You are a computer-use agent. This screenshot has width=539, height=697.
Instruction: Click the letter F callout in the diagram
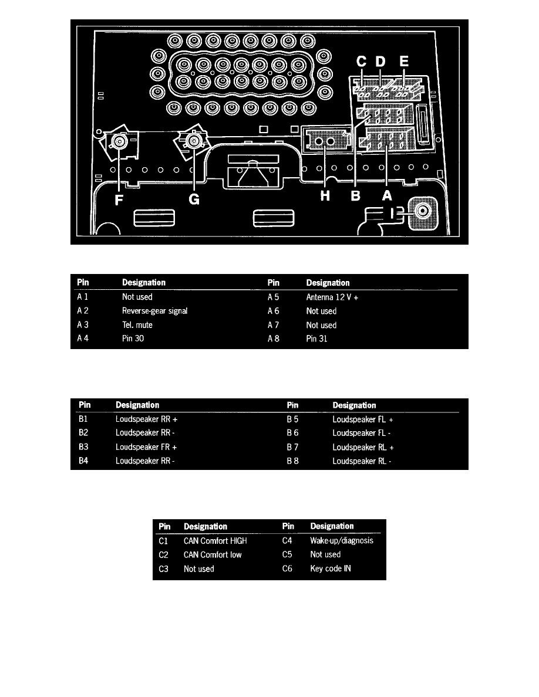point(119,199)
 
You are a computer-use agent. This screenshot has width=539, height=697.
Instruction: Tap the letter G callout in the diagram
point(194,199)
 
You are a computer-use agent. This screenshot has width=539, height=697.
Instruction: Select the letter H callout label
point(325,198)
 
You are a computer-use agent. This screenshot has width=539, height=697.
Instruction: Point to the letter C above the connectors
point(362,62)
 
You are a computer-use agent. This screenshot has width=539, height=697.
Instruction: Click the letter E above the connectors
point(404,62)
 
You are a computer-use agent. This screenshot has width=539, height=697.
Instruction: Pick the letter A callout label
point(387,198)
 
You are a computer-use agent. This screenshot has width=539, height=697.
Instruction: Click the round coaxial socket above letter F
point(119,141)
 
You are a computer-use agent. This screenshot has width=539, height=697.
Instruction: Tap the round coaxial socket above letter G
point(192,140)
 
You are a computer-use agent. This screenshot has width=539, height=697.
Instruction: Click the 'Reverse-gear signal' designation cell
point(154,311)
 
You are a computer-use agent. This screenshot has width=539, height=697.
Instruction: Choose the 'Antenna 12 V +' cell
point(332,297)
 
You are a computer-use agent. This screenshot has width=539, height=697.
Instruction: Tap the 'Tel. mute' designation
point(137,325)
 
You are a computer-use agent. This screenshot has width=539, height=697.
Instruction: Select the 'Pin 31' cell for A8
point(317,339)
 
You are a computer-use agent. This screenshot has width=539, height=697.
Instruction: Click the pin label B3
point(85,446)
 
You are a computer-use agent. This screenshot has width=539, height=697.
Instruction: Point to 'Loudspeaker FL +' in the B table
point(362,419)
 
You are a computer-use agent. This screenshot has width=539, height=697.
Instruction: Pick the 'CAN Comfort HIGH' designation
point(215,540)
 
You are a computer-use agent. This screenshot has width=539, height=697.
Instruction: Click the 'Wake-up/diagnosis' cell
point(341,540)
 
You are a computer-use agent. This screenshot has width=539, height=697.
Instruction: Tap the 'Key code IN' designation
point(330,569)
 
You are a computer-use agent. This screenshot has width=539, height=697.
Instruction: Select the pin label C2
point(163,554)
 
